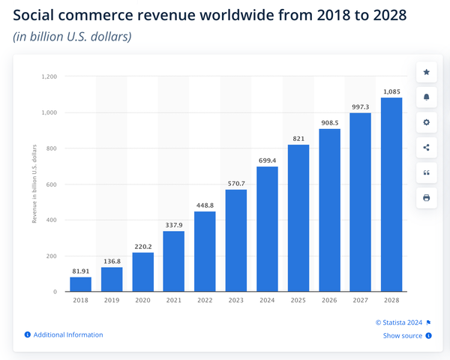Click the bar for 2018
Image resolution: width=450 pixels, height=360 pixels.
[80, 284]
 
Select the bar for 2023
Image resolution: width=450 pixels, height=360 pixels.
[236, 240]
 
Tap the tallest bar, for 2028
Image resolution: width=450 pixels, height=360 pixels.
[391, 194]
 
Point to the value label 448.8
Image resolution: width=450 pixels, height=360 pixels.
[205, 204]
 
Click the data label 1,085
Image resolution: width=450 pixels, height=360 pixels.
[391, 91]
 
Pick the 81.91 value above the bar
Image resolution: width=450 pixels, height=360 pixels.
[80, 270]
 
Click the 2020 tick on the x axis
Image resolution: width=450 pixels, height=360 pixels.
[142, 301]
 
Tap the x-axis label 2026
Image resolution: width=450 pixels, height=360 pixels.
[329, 301]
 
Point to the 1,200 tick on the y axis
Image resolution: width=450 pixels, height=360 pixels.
[49, 76]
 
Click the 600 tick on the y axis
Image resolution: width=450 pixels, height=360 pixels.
[52, 184]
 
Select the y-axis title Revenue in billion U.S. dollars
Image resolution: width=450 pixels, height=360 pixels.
[34, 184]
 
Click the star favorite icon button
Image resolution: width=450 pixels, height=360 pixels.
[427, 72]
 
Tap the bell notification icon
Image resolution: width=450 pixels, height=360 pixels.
[427, 97]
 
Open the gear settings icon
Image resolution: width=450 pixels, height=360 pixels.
[427, 122]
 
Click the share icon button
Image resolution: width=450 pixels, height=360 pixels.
[427, 148]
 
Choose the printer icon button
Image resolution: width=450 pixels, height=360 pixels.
[427, 198]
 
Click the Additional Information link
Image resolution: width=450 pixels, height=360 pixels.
[68, 334]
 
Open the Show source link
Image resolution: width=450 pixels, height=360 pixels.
[403, 335]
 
